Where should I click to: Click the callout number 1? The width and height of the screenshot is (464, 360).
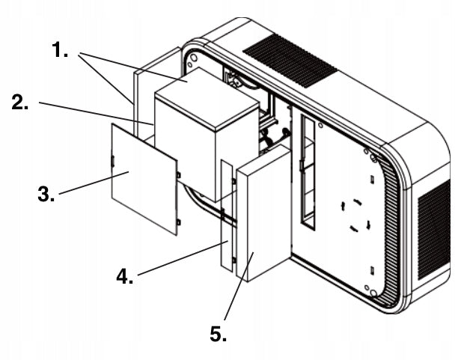click(x=60, y=49)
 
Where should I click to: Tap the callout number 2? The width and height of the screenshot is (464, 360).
click(x=19, y=102)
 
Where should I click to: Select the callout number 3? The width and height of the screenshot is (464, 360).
click(x=46, y=194)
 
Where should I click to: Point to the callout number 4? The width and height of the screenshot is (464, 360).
click(x=124, y=276)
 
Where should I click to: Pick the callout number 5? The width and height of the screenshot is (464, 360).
click(x=219, y=334)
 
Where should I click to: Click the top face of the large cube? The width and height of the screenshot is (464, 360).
click(x=207, y=98)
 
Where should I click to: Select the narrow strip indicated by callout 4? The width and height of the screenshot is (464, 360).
click(x=227, y=216)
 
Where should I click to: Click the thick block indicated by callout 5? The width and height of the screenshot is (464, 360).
click(x=263, y=213)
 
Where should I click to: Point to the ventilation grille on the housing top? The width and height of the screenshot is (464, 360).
click(x=290, y=61)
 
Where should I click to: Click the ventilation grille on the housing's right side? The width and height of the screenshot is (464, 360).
click(x=434, y=230)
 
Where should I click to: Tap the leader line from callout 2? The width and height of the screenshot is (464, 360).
click(x=97, y=114)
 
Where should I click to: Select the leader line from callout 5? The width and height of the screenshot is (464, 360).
click(x=239, y=286)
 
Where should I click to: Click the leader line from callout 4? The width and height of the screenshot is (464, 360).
click(x=183, y=258)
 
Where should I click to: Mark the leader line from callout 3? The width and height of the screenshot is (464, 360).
click(x=94, y=183)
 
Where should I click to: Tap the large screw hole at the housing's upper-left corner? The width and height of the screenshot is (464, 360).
click(x=194, y=57)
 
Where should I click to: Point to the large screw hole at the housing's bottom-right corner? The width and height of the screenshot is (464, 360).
click(x=373, y=293)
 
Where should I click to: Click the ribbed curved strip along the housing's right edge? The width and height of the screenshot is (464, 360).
click(x=392, y=231)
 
